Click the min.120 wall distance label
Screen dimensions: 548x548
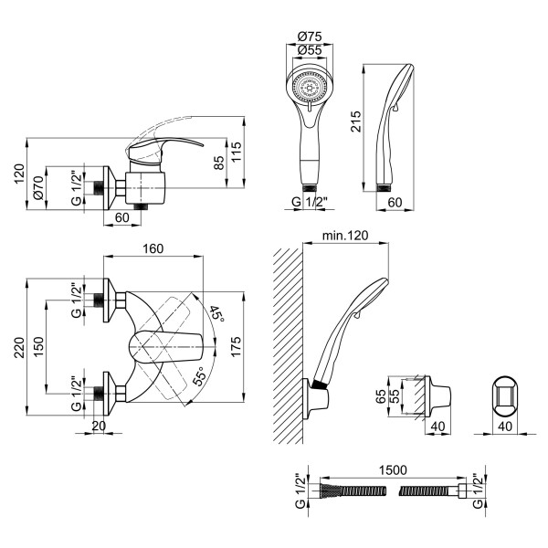tap(344, 237)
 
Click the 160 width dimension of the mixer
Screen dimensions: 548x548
tap(153, 247)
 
